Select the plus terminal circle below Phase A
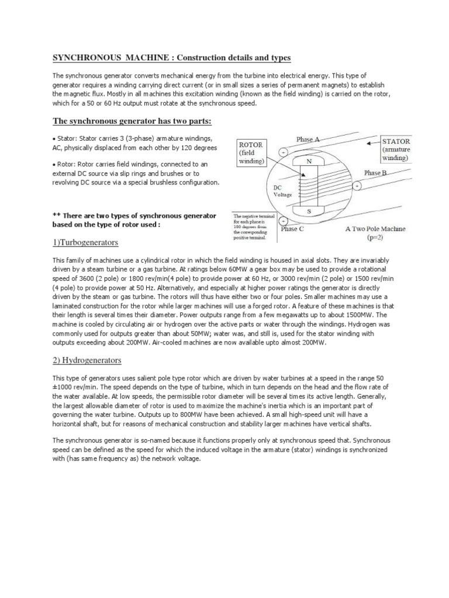tap(284, 152)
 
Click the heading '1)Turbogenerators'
tap(85, 242)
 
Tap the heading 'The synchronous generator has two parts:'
tap(133, 121)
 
